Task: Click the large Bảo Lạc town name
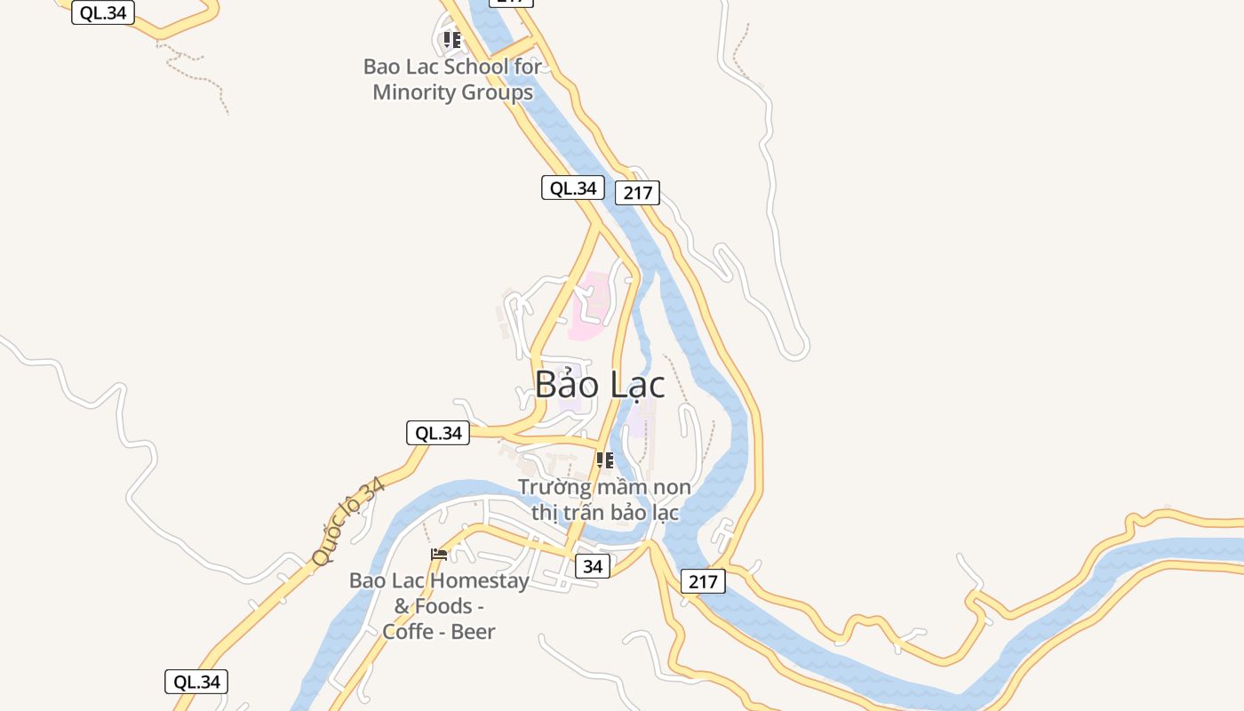coord(600,385)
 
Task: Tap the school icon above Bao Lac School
coord(452,40)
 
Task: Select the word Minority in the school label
coord(411,92)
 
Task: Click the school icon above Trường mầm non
coord(605,460)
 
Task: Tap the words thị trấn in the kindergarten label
coord(572,513)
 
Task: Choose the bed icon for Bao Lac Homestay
coord(439,555)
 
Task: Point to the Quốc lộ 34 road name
coord(349,521)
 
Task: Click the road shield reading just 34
coord(593,566)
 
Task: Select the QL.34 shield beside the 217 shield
coord(573,188)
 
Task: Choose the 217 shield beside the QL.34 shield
coord(638,193)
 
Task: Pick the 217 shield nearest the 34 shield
coord(703,582)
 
